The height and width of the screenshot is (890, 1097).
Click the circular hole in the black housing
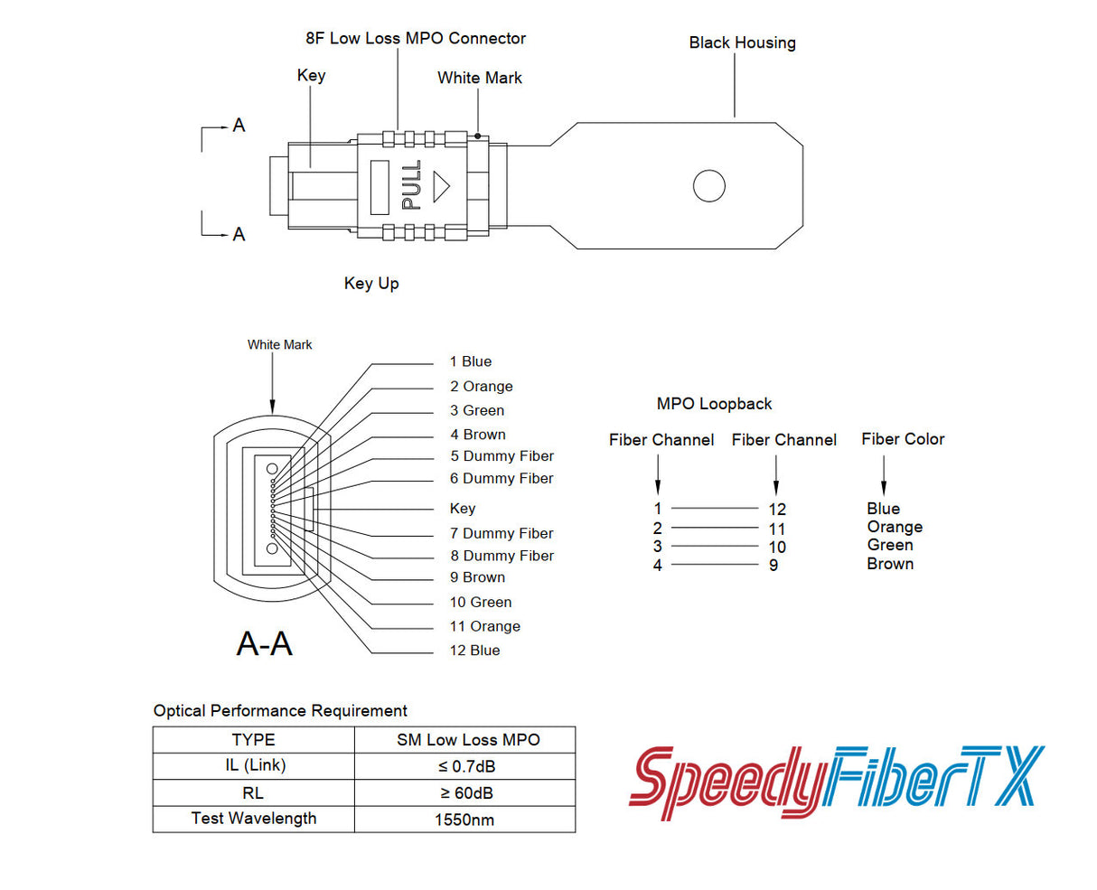708,186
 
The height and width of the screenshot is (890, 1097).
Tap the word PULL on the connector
411,185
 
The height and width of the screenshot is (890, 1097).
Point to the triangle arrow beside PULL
441,186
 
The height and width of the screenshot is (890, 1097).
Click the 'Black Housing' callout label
742,42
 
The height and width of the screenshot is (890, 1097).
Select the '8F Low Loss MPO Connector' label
416,38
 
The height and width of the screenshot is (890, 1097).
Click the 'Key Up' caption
371,283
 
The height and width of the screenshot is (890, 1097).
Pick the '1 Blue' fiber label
471,361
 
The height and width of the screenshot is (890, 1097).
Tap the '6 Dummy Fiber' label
502,478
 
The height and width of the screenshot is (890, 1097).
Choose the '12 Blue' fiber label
474,650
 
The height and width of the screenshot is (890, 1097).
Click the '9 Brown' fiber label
477,577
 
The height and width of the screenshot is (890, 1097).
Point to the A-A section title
264,643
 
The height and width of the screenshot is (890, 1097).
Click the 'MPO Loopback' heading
714,404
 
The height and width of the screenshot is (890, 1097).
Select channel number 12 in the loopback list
777,510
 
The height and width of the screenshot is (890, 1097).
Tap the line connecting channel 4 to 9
714,565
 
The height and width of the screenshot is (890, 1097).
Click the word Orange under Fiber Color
895,527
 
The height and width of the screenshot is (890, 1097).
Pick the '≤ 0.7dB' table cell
466,766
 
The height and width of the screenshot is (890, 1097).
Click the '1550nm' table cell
464,820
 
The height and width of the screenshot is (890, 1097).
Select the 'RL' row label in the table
253,792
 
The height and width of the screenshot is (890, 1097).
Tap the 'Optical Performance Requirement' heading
280,710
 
